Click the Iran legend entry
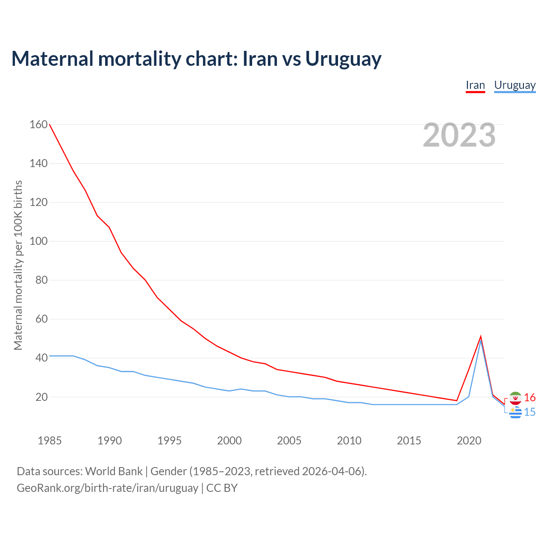(x=475, y=85)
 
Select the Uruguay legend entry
(x=515, y=85)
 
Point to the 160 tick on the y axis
(x=38, y=124)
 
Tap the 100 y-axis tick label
(x=38, y=241)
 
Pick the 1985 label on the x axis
(x=50, y=441)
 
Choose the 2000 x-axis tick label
(x=229, y=441)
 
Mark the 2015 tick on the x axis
(x=409, y=441)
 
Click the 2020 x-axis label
(x=469, y=441)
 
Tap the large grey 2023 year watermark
(x=459, y=135)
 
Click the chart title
(x=196, y=59)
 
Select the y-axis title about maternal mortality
(x=18, y=265)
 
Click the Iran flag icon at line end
(x=515, y=398)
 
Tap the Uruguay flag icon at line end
(x=515, y=412)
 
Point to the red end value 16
(x=530, y=398)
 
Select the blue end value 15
(x=530, y=412)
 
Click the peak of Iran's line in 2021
(x=481, y=337)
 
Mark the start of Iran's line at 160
(x=50, y=124)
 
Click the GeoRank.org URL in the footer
(x=107, y=488)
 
